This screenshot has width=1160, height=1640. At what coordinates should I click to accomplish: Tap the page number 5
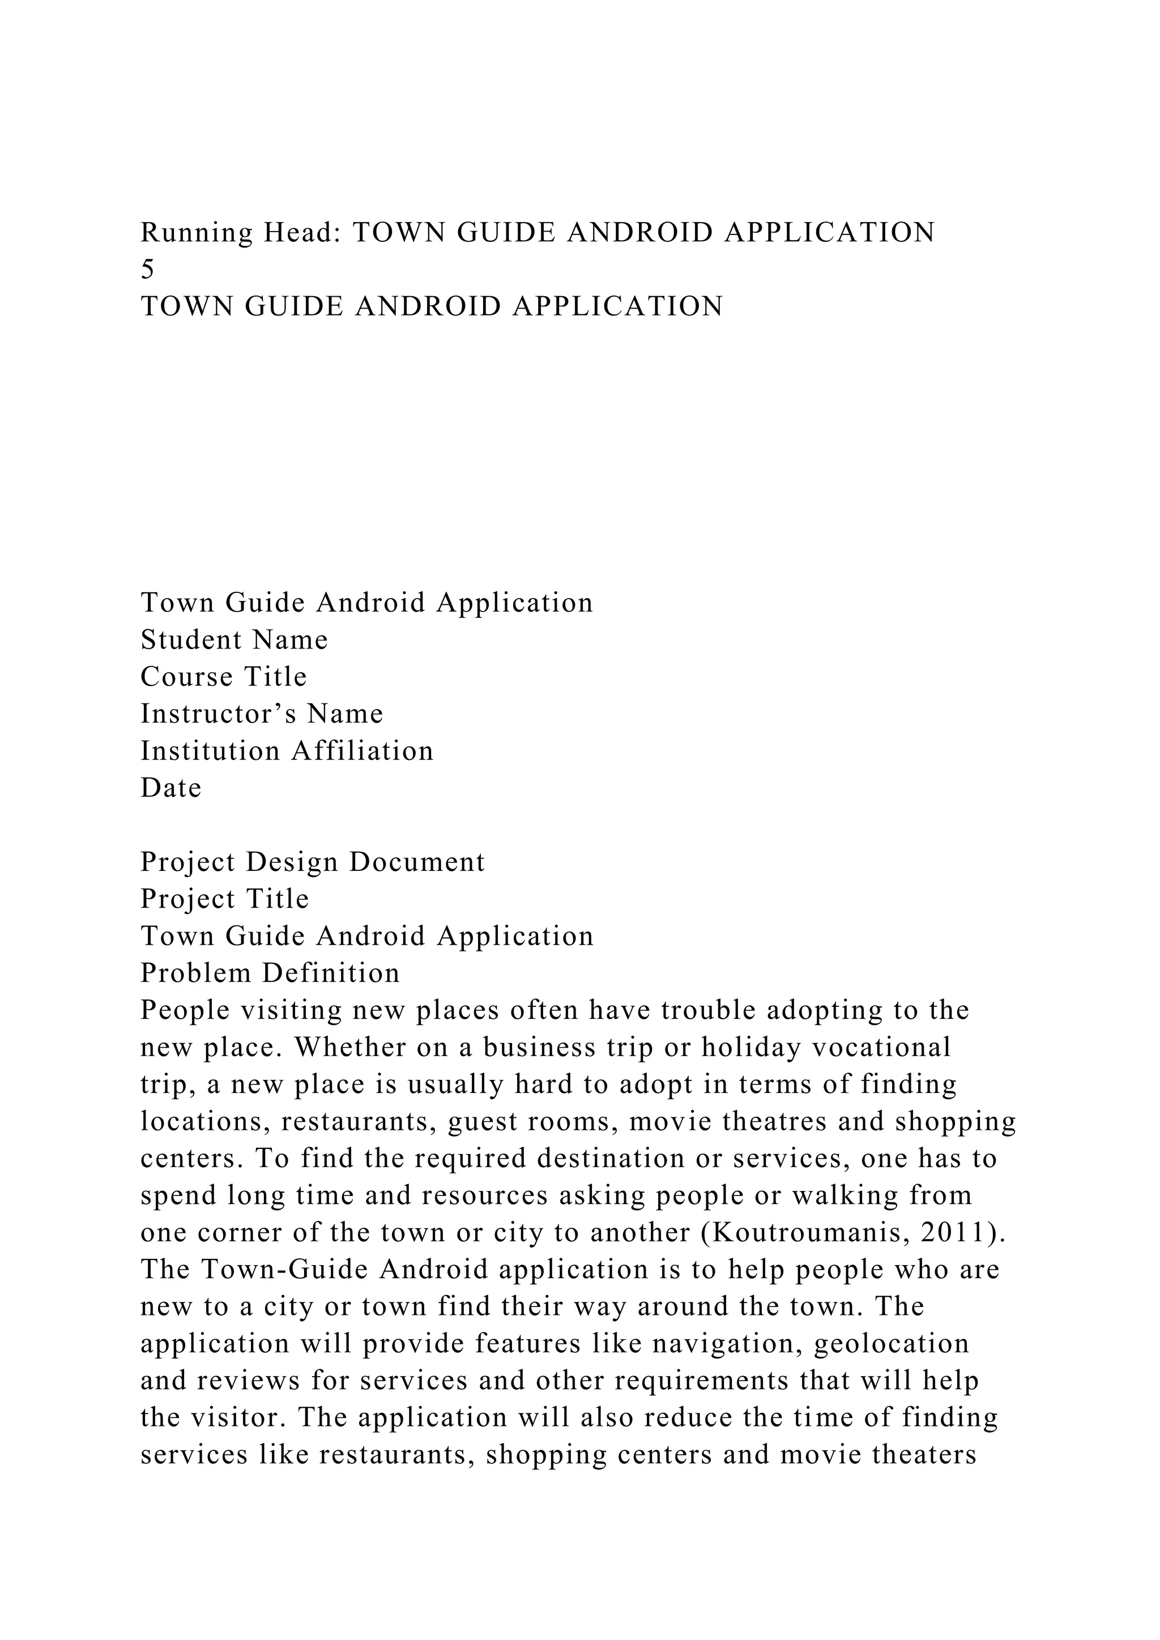[x=147, y=270]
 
